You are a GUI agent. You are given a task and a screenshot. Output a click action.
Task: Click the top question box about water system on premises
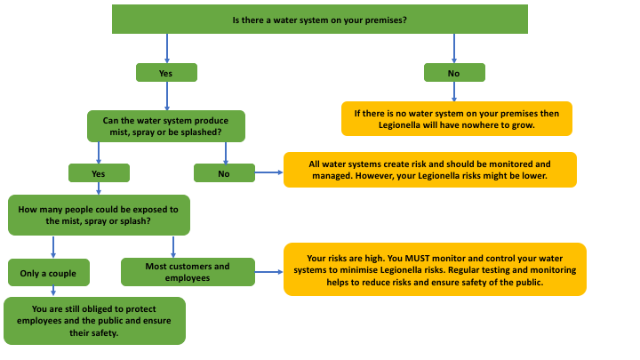(x=319, y=20)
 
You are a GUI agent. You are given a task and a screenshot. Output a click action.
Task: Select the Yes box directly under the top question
(x=165, y=73)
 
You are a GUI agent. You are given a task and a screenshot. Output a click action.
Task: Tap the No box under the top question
(x=453, y=73)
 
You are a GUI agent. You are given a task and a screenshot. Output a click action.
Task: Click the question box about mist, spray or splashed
(x=166, y=125)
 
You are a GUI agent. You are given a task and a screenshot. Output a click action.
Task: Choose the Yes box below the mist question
(x=99, y=173)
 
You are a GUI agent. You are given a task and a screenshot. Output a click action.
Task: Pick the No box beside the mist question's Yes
(x=224, y=173)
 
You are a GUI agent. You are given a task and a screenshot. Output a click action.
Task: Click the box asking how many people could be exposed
(x=99, y=215)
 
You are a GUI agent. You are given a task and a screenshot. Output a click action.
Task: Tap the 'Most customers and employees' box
(x=188, y=272)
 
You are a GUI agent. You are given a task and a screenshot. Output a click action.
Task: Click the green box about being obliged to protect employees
(x=94, y=321)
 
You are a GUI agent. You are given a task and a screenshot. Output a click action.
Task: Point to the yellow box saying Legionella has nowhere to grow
(x=456, y=119)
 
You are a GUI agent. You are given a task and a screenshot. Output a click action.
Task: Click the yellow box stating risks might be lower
(x=429, y=170)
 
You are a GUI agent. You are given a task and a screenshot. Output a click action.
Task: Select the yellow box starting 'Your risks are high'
(x=435, y=269)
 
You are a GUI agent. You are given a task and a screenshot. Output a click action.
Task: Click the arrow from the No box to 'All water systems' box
(x=268, y=173)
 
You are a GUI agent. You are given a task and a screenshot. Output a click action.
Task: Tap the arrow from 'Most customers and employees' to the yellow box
(x=269, y=272)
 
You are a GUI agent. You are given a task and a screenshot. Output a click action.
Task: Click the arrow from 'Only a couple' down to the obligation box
(x=53, y=291)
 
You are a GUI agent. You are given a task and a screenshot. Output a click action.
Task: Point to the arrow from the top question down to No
(x=453, y=48)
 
